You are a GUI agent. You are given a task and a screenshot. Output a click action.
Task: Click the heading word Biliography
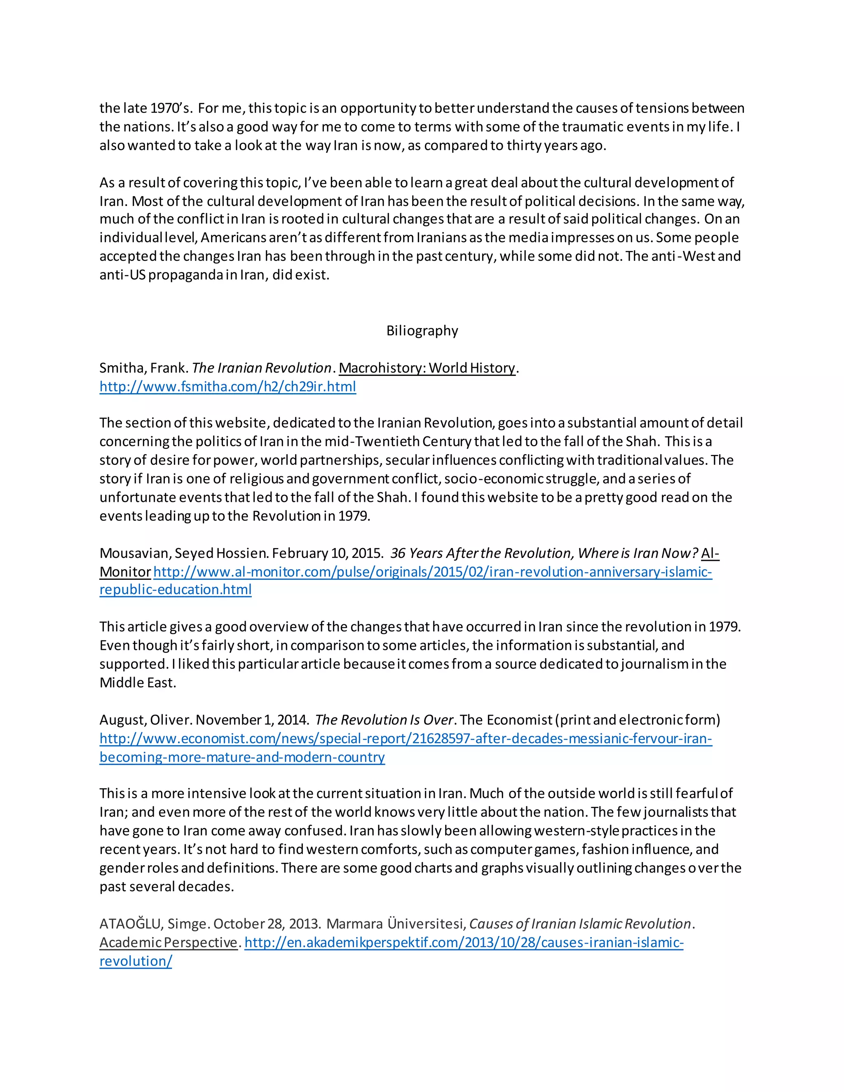coord(422,331)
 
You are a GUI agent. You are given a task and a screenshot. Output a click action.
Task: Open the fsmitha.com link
coord(227,387)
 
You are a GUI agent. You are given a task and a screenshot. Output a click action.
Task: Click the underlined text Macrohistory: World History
coord(427,368)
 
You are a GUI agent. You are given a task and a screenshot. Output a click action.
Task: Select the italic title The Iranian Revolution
coord(262,368)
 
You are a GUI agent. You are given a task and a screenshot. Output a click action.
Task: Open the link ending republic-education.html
coord(176,590)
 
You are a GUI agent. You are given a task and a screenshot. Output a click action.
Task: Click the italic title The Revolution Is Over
coord(384,719)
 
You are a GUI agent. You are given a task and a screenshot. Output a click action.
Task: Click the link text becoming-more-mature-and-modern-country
coord(242,757)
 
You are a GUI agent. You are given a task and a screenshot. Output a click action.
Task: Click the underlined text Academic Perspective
coord(169,942)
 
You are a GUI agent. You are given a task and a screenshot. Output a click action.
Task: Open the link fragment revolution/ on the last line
coord(136,961)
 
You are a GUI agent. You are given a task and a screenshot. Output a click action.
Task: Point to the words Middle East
coord(138,682)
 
